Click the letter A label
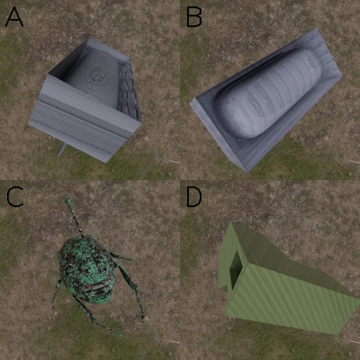click(14, 17)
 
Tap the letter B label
click(194, 17)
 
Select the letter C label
click(15, 197)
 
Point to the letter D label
click(194, 197)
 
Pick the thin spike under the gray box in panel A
click(61, 150)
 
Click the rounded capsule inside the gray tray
click(267, 94)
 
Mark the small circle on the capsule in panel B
click(266, 101)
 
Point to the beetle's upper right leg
click(124, 258)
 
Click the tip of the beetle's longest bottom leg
click(122, 335)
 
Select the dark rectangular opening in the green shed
click(235, 269)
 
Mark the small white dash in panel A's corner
click(174, 162)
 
